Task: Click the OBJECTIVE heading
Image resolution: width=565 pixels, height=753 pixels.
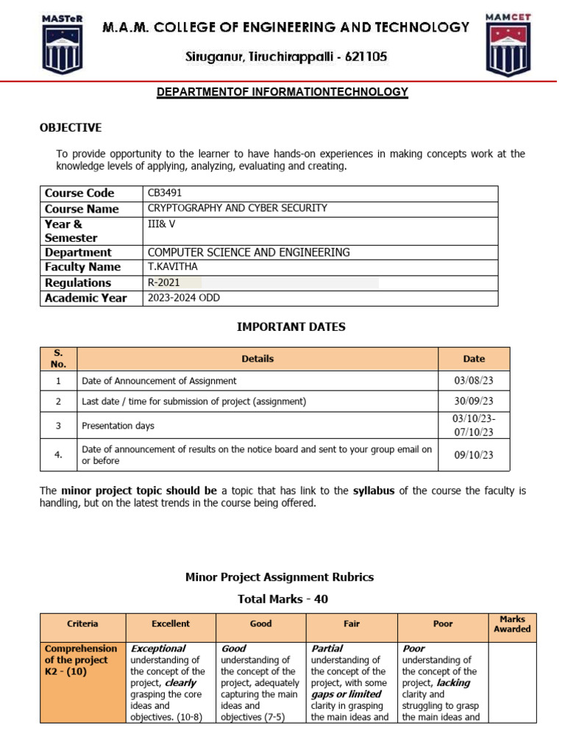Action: (71, 128)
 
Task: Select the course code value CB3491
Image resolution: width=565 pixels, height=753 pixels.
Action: (164, 193)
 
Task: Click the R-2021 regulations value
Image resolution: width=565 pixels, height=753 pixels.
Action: (164, 282)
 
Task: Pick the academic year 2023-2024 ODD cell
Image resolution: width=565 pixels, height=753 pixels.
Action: (184, 298)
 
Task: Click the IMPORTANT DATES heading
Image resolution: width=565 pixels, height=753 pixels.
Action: (291, 326)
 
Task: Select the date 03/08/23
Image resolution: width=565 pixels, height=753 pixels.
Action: (474, 381)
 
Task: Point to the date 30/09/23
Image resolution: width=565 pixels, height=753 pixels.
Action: (474, 402)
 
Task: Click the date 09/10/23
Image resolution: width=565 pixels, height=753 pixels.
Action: (474, 454)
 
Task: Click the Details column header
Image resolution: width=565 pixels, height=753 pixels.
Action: (257, 359)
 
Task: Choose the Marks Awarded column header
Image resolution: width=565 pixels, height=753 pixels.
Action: (511, 624)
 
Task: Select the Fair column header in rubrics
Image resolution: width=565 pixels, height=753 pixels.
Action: (352, 624)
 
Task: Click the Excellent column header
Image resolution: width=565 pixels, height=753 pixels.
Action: (171, 624)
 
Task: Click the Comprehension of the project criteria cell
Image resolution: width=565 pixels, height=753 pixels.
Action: (82, 660)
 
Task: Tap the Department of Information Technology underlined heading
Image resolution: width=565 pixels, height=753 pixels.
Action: (283, 92)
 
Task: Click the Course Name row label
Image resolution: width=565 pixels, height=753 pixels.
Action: (81, 209)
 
